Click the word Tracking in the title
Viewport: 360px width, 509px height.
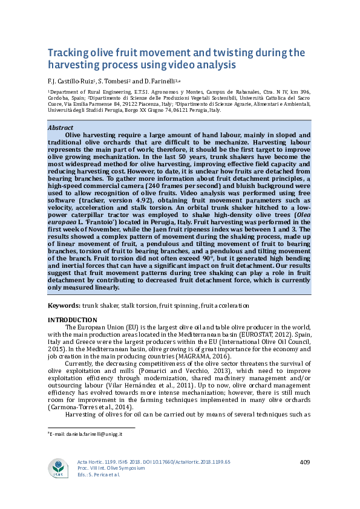coord(70,53)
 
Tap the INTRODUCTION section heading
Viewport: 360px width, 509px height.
coord(72,320)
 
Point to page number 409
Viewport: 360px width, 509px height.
coord(304,462)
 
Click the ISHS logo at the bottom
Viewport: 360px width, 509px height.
coord(59,468)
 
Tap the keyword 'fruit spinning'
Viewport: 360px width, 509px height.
coord(190,306)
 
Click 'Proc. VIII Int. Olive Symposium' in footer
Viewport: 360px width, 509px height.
coord(115,468)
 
